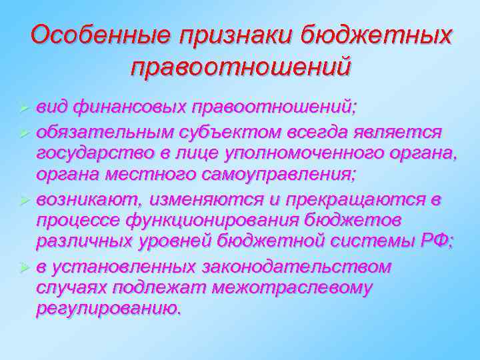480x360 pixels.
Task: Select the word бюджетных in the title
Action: pyautogui.click(x=377, y=34)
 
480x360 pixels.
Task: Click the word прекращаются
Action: pyautogui.click(x=356, y=199)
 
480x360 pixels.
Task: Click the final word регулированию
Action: pyautogui.click(x=108, y=309)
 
